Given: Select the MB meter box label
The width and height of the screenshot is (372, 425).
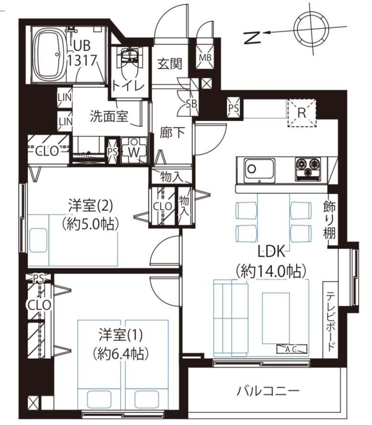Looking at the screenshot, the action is tap(205, 57).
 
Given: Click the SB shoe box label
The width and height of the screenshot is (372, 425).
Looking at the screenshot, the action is tap(191, 103).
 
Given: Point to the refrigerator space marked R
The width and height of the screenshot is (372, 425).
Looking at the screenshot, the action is tap(302, 113).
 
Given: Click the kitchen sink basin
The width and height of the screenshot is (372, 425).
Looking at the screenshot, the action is tap(259, 170).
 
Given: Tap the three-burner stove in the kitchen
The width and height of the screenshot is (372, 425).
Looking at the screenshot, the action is tap(308, 169).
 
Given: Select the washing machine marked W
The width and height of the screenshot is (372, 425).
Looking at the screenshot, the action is tap(134, 150).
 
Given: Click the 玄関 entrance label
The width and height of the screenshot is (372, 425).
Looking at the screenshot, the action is tap(170, 64).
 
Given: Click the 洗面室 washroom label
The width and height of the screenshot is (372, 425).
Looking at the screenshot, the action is tap(108, 116).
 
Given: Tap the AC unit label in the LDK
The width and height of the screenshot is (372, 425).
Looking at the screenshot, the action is tap(292, 349).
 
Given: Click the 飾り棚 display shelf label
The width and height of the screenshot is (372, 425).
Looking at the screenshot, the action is tap(329, 220).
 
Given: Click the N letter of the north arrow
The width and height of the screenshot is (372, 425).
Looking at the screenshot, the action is tap(252, 37).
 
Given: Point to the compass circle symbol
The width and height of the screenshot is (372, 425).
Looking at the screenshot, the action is tap(313, 28).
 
